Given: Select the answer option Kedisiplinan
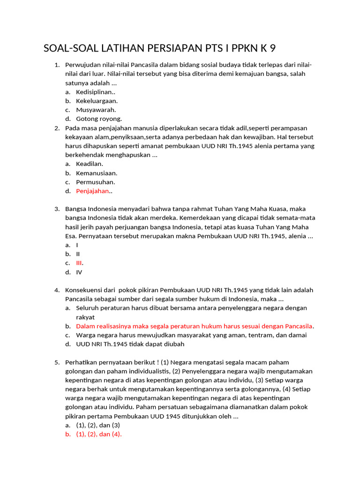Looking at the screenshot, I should coord(96,92).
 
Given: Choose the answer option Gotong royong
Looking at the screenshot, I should coord(99,119).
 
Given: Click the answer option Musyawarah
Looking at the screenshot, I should coord(96,110).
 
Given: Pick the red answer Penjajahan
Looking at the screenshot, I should coord(92,191).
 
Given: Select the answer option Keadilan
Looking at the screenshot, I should coord(90,164).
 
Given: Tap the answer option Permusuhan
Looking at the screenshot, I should coord(96,182).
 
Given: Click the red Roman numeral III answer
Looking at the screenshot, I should coord(79,263).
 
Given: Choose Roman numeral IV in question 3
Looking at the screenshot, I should coord(79,272).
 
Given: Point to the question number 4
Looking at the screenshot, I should coord(57,290).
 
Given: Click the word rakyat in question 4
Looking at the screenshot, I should coord(85,317).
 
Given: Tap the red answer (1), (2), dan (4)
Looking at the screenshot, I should coord(98,434).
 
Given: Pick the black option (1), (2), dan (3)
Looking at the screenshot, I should coord(98,425).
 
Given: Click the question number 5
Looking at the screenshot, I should coord(57,362).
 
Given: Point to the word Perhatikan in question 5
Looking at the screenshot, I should coord(82,362).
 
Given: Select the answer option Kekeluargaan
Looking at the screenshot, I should coord(97,101).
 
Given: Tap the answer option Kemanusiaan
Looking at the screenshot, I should coord(97,173).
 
